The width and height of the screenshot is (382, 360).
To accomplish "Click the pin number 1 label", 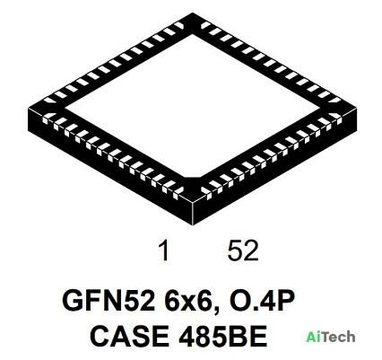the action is click(164, 250).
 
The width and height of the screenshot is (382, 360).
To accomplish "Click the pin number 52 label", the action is click(243, 250).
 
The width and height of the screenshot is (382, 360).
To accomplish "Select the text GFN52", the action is click(109, 301).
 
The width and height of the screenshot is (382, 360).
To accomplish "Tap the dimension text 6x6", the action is click(192, 301).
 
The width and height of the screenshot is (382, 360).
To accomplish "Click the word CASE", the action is click(129, 336).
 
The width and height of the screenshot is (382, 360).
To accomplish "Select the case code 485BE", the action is click(222, 336).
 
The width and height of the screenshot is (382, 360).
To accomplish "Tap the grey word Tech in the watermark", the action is click(338, 337).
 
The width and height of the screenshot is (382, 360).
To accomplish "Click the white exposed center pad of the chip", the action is click(192, 105).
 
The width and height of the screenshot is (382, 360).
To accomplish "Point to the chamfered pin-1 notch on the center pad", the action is click(192, 177).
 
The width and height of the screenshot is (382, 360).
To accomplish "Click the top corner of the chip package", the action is click(192, 13).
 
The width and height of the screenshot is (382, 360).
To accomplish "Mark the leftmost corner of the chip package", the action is click(28, 107).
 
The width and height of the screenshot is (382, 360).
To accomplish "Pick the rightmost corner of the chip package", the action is click(357, 108).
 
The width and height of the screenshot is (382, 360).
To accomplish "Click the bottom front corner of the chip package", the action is click(193, 225).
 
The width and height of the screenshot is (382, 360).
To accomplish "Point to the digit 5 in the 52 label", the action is click(235, 250).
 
